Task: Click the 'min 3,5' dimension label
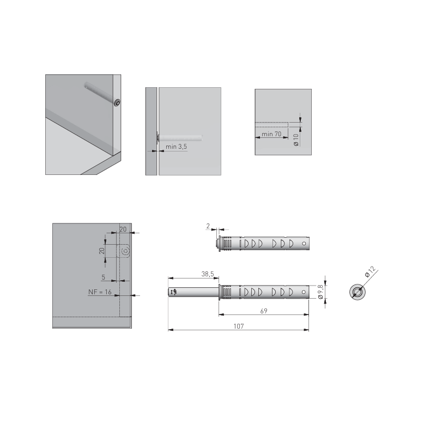tap(176, 147)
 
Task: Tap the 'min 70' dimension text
tap(271, 134)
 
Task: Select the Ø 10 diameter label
tap(296, 140)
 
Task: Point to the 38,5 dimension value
tap(208, 274)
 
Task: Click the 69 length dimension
tap(264, 311)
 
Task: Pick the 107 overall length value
tap(239, 326)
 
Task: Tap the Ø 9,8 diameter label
tap(320, 292)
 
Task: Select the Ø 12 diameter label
tap(370, 271)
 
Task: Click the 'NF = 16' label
tap(100, 292)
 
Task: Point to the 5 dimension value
tap(104, 277)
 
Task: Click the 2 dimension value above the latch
tap(208, 226)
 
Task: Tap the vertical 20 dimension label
tap(102, 251)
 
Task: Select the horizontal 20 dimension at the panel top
tap(123, 229)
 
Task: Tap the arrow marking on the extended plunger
tap(174, 292)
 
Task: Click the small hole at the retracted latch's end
tap(304, 244)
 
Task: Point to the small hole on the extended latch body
tap(304, 292)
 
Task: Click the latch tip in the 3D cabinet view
tap(117, 102)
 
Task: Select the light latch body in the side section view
tap(180, 138)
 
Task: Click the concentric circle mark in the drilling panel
tap(125, 251)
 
